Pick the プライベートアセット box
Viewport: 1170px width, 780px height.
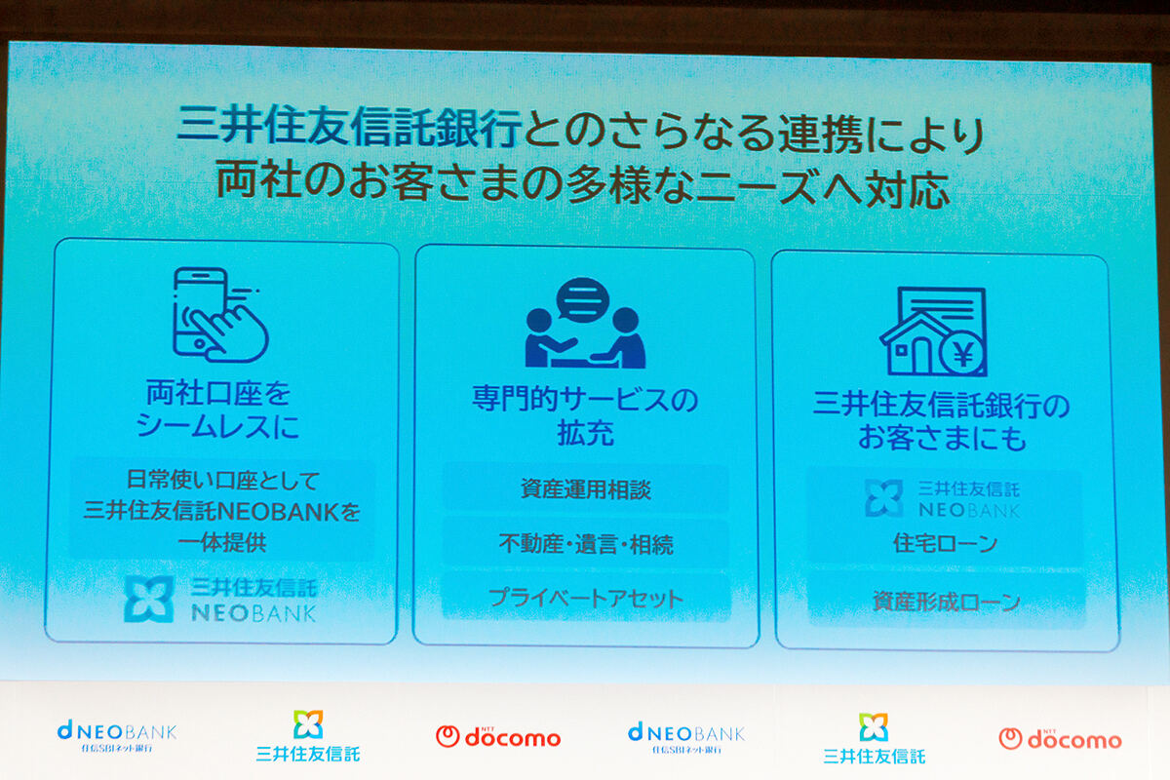(585, 598)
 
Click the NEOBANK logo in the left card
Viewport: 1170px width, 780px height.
(220, 599)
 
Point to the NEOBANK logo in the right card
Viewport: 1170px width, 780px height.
(942, 497)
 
